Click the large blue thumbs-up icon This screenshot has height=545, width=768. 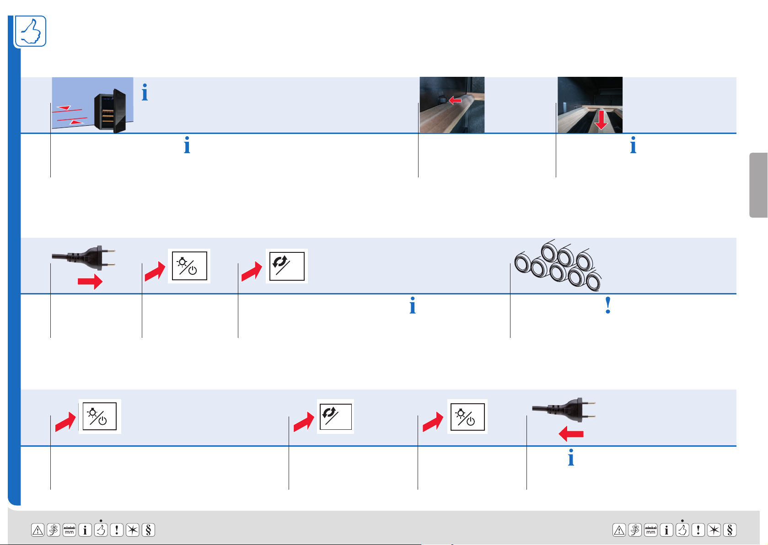pyautogui.click(x=31, y=31)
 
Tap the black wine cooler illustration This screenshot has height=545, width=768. pyautogui.click(x=110, y=111)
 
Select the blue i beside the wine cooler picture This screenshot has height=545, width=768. pyautogui.click(x=145, y=92)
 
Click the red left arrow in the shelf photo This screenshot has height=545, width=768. pyautogui.click(x=455, y=100)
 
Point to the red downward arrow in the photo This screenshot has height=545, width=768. pyautogui.click(x=601, y=120)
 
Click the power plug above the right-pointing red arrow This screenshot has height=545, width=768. pyautogui.click(x=83, y=258)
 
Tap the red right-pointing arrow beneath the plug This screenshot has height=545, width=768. pyautogui.click(x=90, y=282)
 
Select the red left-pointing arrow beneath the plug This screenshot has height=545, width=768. pyautogui.click(x=571, y=434)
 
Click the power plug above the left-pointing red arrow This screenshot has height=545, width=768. pyautogui.click(x=564, y=410)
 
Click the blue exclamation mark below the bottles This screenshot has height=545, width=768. pyautogui.click(x=608, y=305)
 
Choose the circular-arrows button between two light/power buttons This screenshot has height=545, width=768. pyautogui.click(x=336, y=417)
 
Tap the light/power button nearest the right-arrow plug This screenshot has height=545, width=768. pyautogui.click(x=189, y=266)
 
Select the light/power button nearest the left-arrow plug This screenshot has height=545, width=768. pyautogui.click(x=467, y=417)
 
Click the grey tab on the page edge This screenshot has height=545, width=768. pyautogui.click(x=758, y=185)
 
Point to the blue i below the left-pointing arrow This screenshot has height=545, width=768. pyautogui.click(x=571, y=457)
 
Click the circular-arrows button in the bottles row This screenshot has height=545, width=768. pyautogui.click(x=287, y=266)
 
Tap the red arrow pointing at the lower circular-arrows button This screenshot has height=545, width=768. pyautogui.click(x=304, y=421)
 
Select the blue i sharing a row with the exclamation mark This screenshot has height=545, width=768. pyautogui.click(x=413, y=305)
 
